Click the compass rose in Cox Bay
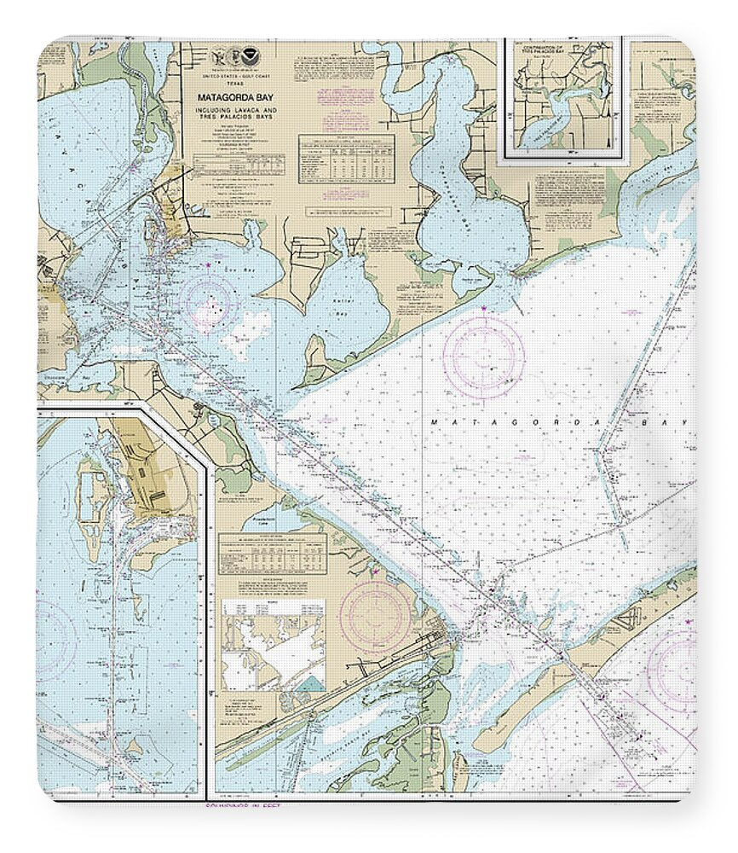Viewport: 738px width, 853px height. tap(209, 302)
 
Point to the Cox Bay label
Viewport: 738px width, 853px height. tap(220, 270)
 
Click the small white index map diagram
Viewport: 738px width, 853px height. tap(273, 645)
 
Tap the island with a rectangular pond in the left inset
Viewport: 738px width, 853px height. tap(92, 494)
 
